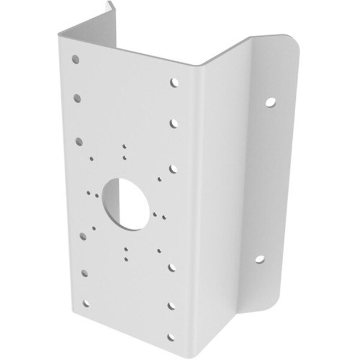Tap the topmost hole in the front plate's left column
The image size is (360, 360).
(75, 59)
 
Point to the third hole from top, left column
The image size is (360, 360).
(79, 140)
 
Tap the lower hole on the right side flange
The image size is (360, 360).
(262, 259)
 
